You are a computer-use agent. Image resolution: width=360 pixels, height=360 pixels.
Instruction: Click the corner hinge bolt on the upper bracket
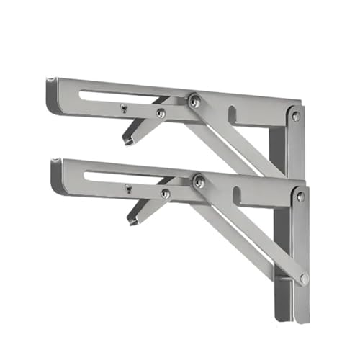click(295, 116)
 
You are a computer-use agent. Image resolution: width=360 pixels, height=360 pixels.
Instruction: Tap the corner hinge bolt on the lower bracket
click(300, 196)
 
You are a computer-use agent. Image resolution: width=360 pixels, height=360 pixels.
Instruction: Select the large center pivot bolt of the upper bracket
click(194, 102)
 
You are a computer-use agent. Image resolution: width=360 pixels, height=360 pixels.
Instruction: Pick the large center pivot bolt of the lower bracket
click(199, 183)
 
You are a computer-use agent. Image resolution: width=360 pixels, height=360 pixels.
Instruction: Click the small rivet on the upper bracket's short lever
click(161, 112)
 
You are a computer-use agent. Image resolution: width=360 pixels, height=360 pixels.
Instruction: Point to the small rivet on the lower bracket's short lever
click(166, 193)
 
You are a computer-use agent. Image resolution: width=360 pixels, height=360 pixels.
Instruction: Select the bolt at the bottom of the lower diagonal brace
click(305, 277)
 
